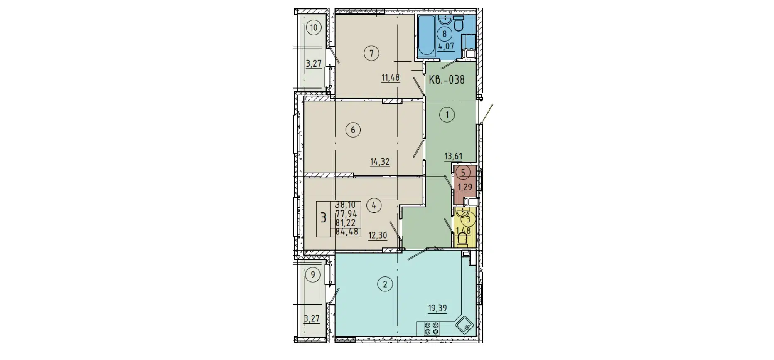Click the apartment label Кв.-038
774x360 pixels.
(x=447, y=79)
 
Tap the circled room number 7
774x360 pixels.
(x=371, y=53)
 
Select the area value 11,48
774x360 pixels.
(x=391, y=77)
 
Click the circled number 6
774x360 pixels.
(x=353, y=130)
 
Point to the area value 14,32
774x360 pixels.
(x=380, y=162)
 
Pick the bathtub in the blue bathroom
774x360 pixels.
(x=426, y=36)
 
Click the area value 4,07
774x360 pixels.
(x=446, y=46)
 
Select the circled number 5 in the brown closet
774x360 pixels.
(x=463, y=172)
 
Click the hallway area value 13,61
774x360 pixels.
(x=453, y=156)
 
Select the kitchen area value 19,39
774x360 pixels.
(x=437, y=308)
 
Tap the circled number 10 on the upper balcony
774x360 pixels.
(x=313, y=28)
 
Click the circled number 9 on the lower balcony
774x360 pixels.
(x=313, y=275)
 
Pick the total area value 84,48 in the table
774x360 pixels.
(x=346, y=232)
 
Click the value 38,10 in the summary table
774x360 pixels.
(x=346, y=205)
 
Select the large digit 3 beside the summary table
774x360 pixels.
(x=323, y=218)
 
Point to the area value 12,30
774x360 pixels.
(x=377, y=236)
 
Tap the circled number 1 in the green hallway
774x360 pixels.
(x=447, y=115)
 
